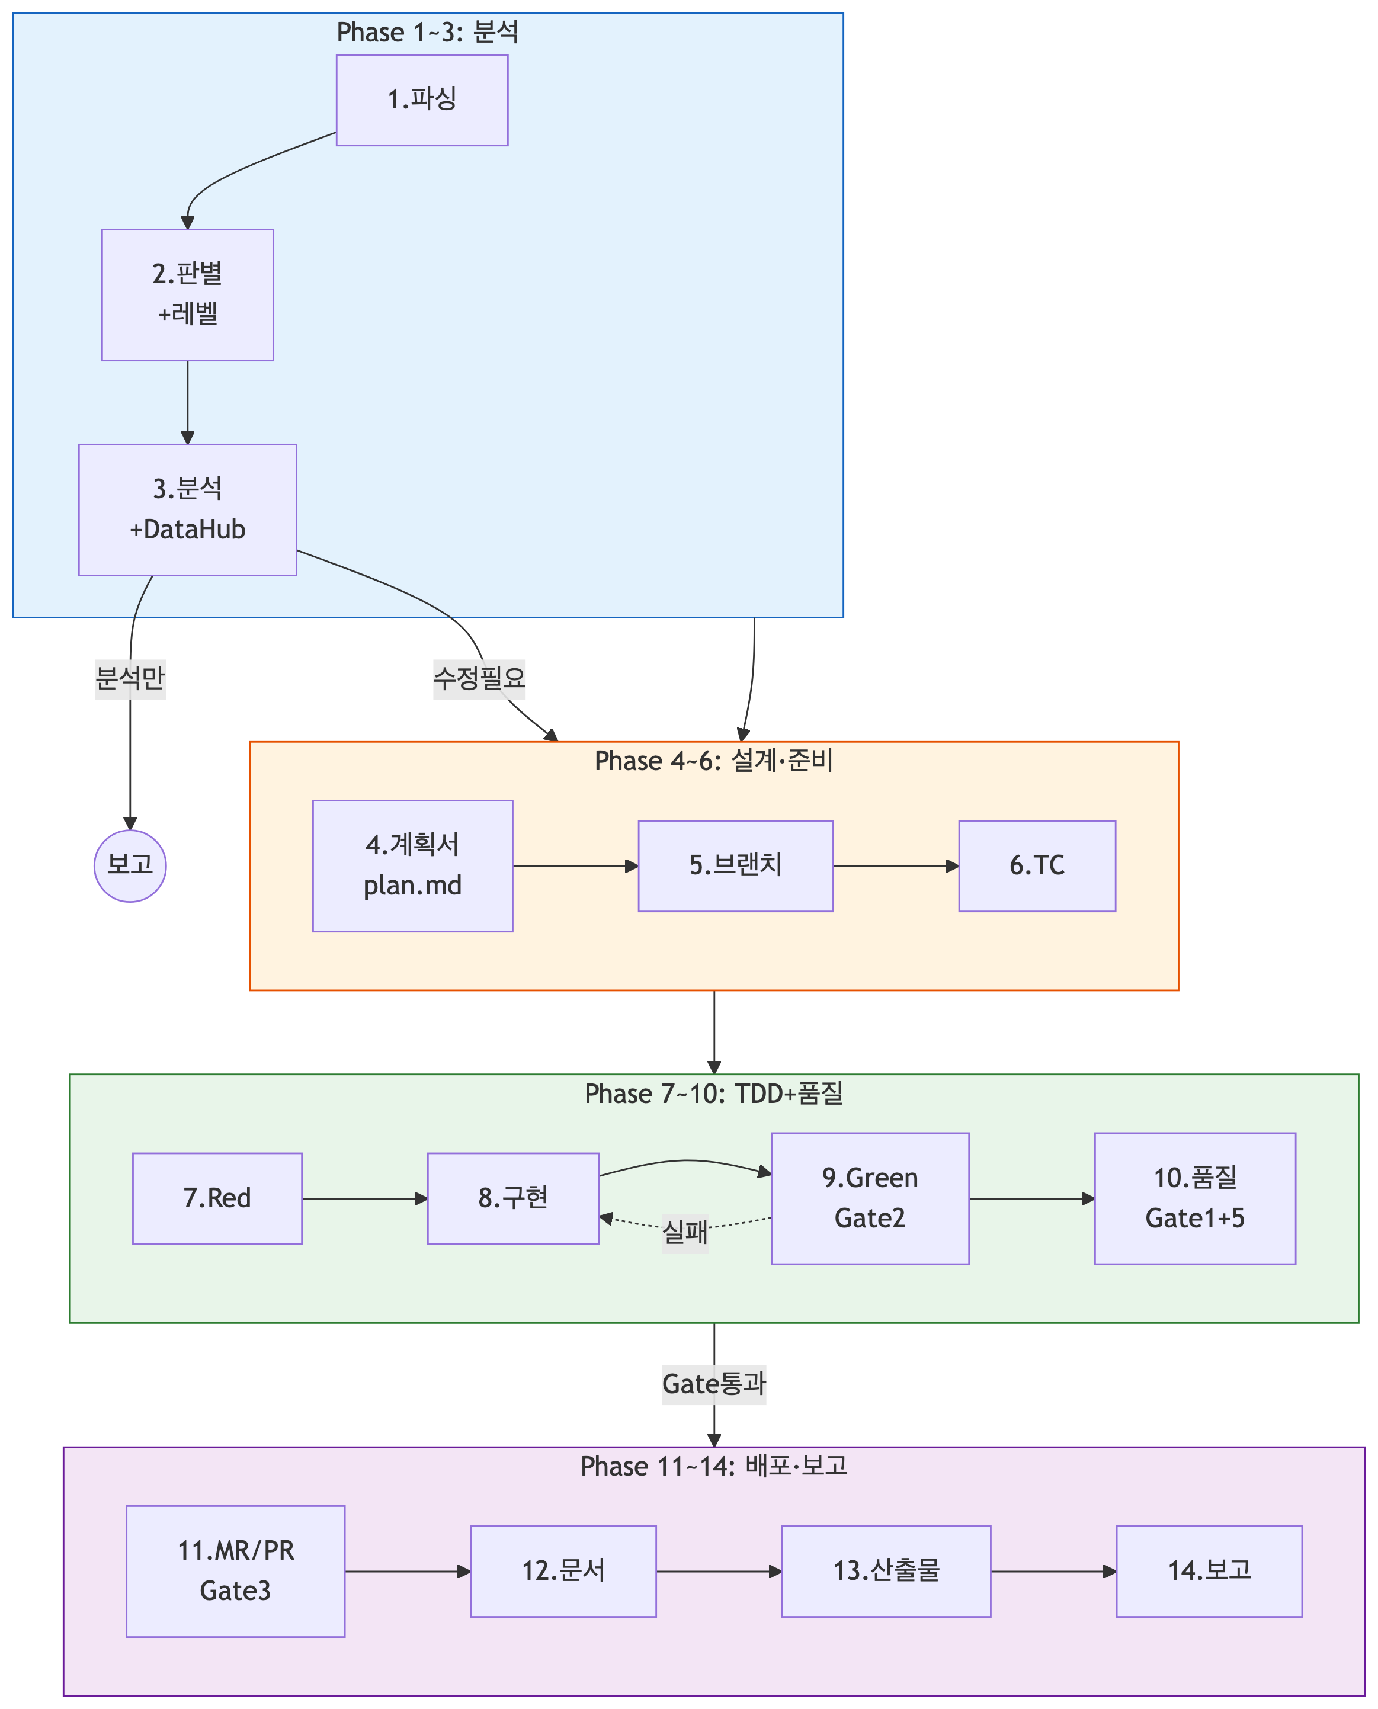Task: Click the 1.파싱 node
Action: click(x=421, y=100)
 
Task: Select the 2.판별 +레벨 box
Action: click(x=187, y=294)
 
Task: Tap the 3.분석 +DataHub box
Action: click(x=187, y=509)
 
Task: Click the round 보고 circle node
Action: click(x=130, y=866)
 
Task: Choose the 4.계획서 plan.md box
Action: click(x=413, y=866)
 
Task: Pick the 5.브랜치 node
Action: click(x=736, y=866)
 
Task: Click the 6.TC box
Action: click(x=1037, y=866)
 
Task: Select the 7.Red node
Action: click(x=217, y=1198)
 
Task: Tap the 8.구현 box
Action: click(x=513, y=1198)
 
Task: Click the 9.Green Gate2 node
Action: click(x=870, y=1198)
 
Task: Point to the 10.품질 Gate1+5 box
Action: click(x=1194, y=1198)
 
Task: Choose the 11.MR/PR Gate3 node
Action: click(x=236, y=1571)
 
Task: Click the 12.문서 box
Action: click(x=563, y=1571)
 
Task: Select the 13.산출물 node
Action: click(x=886, y=1571)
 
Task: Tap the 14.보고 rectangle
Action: click(x=1209, y=1571)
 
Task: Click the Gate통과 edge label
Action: click(x=714, y=1384)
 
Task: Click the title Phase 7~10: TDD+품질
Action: click(x=714, y=1094)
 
